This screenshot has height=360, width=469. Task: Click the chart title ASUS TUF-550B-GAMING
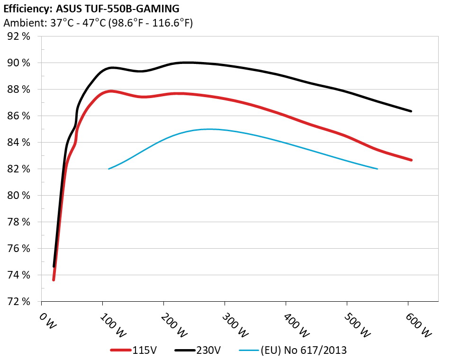pyautogui.click(x=91, y=9)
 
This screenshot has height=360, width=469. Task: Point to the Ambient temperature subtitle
pyautogui.click(x=98, y=23)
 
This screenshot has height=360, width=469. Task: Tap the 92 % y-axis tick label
pyautogui.click(x=19, y=36)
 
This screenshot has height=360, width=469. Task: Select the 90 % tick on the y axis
pyautogui.click(x=19, y=63)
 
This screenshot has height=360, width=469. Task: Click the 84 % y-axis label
pyautogui.click(x=19, y=143)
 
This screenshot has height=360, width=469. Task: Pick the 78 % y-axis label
pyautogui.click(x=19, y=222)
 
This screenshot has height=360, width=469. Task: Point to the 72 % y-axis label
pyautogui.click(x=19, y=302)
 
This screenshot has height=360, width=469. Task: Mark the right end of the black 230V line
pyautogui.click(x=411, y=111)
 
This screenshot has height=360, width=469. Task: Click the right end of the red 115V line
pyautogui.click(x=411, y=160)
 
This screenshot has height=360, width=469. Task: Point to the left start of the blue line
pyautogui.click(x=109, y=169)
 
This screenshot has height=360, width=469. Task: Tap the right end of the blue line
pyautogui.click(x=377, y=169)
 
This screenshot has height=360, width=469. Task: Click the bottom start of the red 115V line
pyautogui.click(x=54, y=279)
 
